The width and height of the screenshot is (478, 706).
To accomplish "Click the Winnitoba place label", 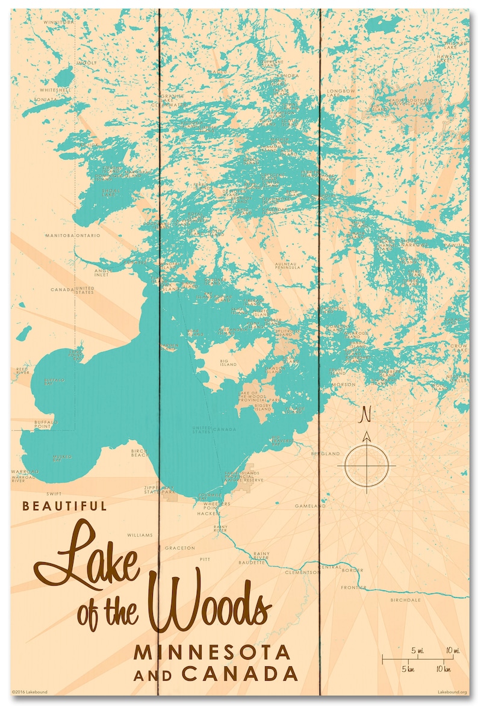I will point(59,22).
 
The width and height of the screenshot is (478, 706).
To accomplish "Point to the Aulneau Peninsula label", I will point(287,265).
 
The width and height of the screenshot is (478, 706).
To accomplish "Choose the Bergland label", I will point(325,453).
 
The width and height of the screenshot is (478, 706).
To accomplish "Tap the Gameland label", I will point(310,506).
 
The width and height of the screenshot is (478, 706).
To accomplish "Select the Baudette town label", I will point(252,563).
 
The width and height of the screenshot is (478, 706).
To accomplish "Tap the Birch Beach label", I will point(140,453).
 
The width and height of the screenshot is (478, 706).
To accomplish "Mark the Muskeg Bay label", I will point(62,458).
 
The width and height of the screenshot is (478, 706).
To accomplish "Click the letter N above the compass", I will point(365,415).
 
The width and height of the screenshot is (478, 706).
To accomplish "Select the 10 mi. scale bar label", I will point(453,651).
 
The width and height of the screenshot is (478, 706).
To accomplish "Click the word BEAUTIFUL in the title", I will point(64,506).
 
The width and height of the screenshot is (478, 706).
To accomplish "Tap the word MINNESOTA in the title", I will point(213,652).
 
